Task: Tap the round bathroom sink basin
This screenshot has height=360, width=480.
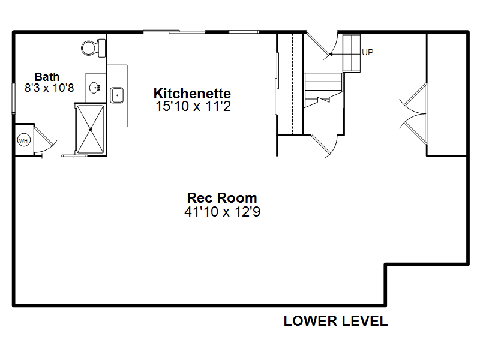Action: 95,88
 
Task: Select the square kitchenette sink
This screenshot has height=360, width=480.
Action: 116,95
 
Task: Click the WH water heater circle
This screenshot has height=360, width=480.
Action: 23,140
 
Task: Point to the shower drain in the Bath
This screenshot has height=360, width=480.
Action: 91,130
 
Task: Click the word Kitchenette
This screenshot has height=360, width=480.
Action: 192,94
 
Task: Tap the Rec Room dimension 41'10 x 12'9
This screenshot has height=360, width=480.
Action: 222,212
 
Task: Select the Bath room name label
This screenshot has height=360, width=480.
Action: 47,77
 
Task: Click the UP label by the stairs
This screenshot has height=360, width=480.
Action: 368,52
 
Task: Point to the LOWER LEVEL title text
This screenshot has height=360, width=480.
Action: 336,321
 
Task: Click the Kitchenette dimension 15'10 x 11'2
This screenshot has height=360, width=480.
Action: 193,106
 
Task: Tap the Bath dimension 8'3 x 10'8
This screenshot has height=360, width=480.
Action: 49,88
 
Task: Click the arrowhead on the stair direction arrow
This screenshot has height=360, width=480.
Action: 331,54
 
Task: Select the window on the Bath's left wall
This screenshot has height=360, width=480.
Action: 13,98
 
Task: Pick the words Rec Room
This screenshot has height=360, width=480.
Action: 222,198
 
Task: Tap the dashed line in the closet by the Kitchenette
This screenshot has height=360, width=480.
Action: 293,84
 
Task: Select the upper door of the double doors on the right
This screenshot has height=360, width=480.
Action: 413,98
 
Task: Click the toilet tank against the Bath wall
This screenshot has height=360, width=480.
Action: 101,48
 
